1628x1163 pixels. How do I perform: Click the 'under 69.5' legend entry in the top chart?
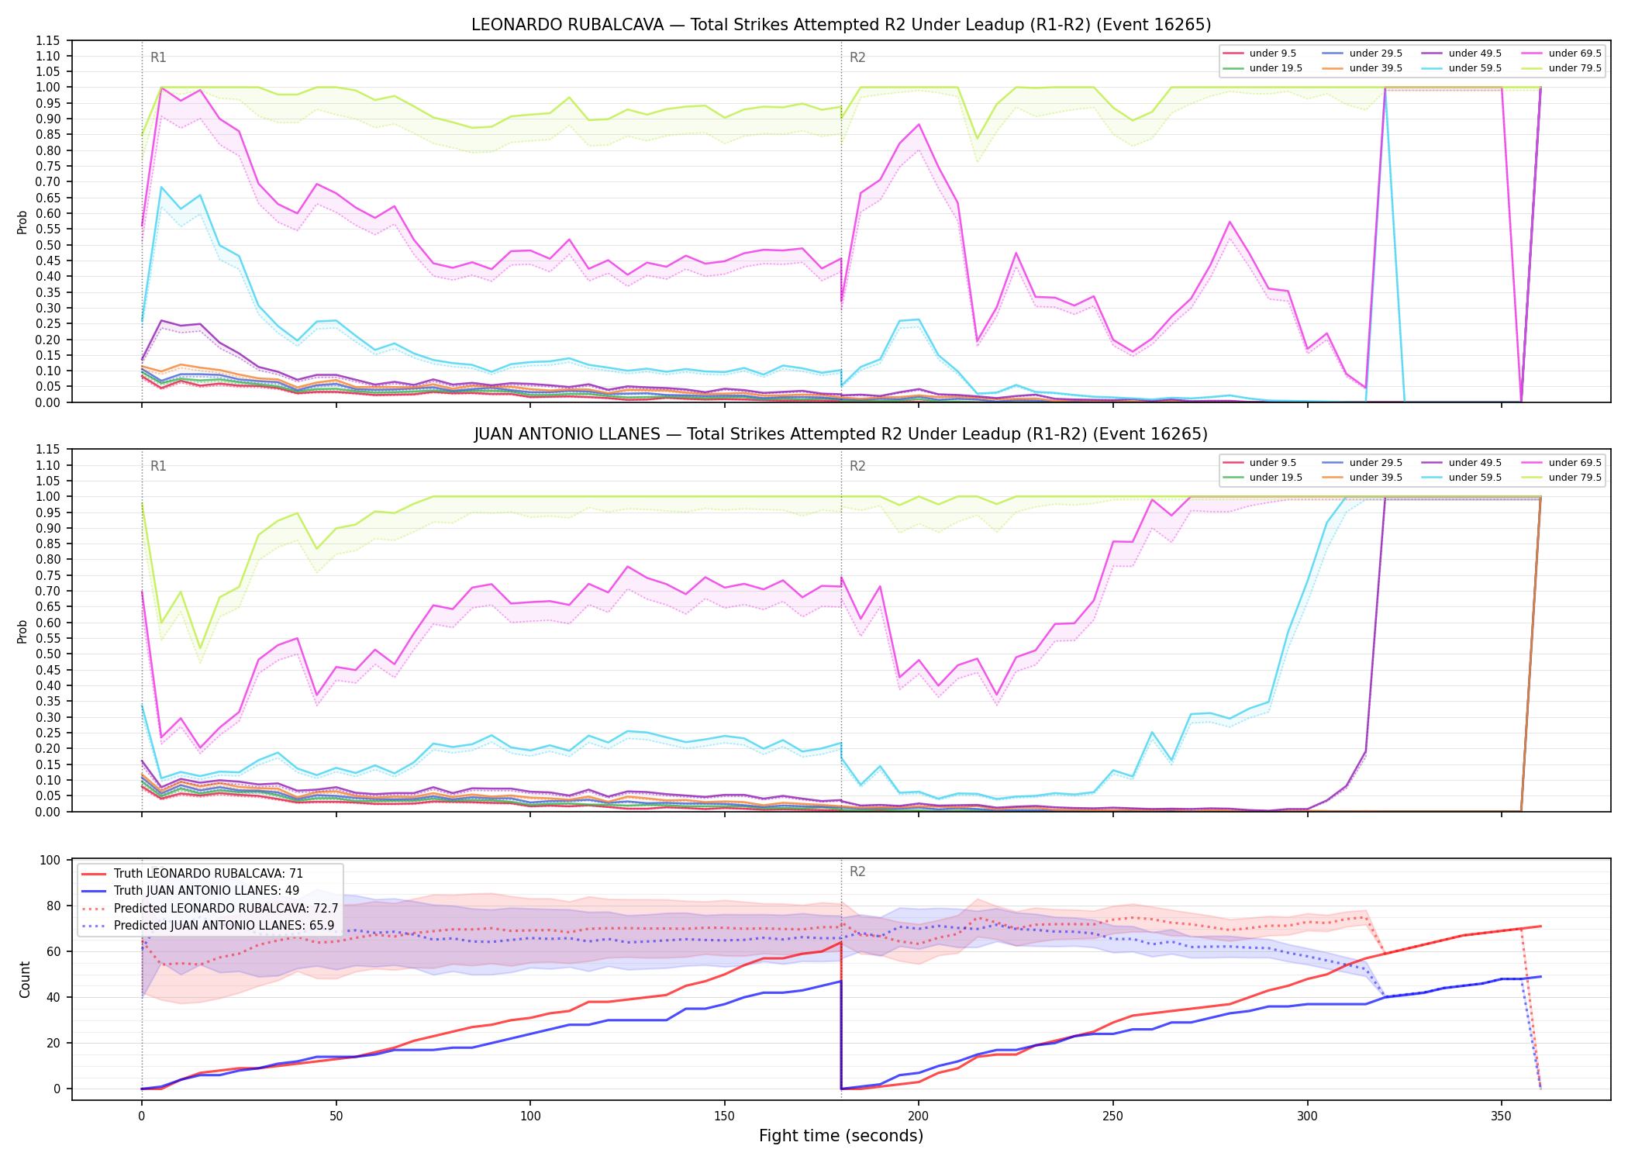pos(1561,53)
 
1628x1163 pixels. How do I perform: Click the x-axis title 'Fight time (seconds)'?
pos(841,1136)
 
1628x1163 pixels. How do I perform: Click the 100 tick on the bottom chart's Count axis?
pos(50,860)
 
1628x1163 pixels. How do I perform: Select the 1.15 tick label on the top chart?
pos(48,40)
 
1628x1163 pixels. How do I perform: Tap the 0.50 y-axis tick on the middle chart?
pos(48,654)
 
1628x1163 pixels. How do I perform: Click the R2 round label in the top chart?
pos(857,57)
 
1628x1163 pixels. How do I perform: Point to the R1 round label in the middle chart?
pos(158,466)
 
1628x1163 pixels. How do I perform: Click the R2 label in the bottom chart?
pos(857,871)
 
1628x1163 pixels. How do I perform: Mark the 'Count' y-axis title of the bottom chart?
pos(25,979)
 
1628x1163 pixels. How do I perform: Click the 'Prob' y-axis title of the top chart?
pos(22,222)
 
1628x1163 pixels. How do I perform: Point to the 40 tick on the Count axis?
pos(53,997)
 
